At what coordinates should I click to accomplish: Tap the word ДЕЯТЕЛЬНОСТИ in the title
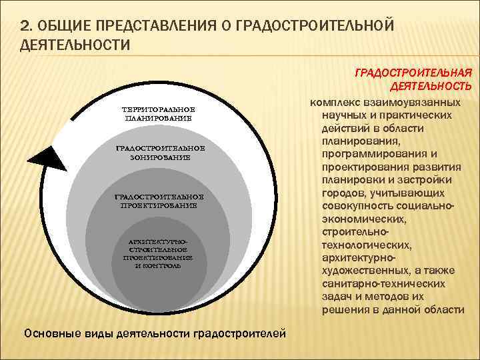(x=74, y=44)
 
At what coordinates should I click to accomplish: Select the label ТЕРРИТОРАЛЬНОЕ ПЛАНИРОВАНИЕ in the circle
(x=159, y=113)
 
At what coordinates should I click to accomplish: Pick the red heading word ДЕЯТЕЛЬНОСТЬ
(x=431, y=86)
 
